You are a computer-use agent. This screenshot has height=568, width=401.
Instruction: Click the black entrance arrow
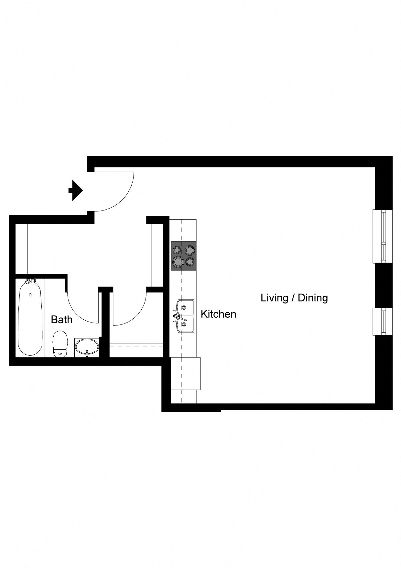(76, 190)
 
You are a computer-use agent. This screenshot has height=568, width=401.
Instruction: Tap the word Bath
(62, 320)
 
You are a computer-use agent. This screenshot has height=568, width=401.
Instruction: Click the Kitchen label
(218, 314)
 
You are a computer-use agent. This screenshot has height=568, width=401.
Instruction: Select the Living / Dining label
(294, 298)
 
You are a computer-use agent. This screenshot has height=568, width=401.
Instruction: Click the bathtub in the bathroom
(30, 318)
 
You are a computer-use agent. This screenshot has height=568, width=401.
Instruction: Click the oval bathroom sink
(87, 347)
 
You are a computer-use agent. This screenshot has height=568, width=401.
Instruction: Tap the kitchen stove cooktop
(184, 256)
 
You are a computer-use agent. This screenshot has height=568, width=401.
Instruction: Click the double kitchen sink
(185, 316)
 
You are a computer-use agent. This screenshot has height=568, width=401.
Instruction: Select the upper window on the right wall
(383, 236)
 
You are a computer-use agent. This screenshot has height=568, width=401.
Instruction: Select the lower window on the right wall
(383, 321)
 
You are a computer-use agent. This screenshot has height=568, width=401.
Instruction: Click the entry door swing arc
(125, 199)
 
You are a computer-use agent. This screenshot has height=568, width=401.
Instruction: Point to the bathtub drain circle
(30, 295)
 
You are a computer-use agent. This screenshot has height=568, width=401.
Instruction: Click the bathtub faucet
(30, 280)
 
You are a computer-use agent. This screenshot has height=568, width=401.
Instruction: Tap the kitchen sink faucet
(180, 317)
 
